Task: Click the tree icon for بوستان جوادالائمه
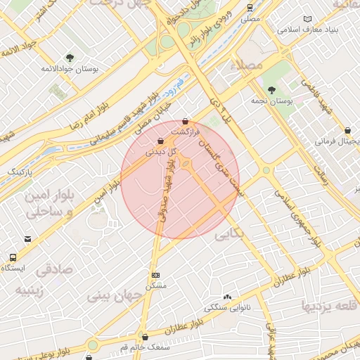click(69, 57)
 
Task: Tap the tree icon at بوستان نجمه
click(271, 89)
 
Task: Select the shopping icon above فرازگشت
click(185, 121)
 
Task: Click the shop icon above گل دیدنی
click(162, 139)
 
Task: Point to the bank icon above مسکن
click(155, 275)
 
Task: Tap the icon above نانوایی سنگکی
click(226, 297)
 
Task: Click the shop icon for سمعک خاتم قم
click(145, 337)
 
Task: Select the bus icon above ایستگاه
click(13, 257)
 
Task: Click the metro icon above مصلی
click(250, 8)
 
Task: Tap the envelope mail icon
click(27, 239)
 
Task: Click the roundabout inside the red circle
click(186, 165)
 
